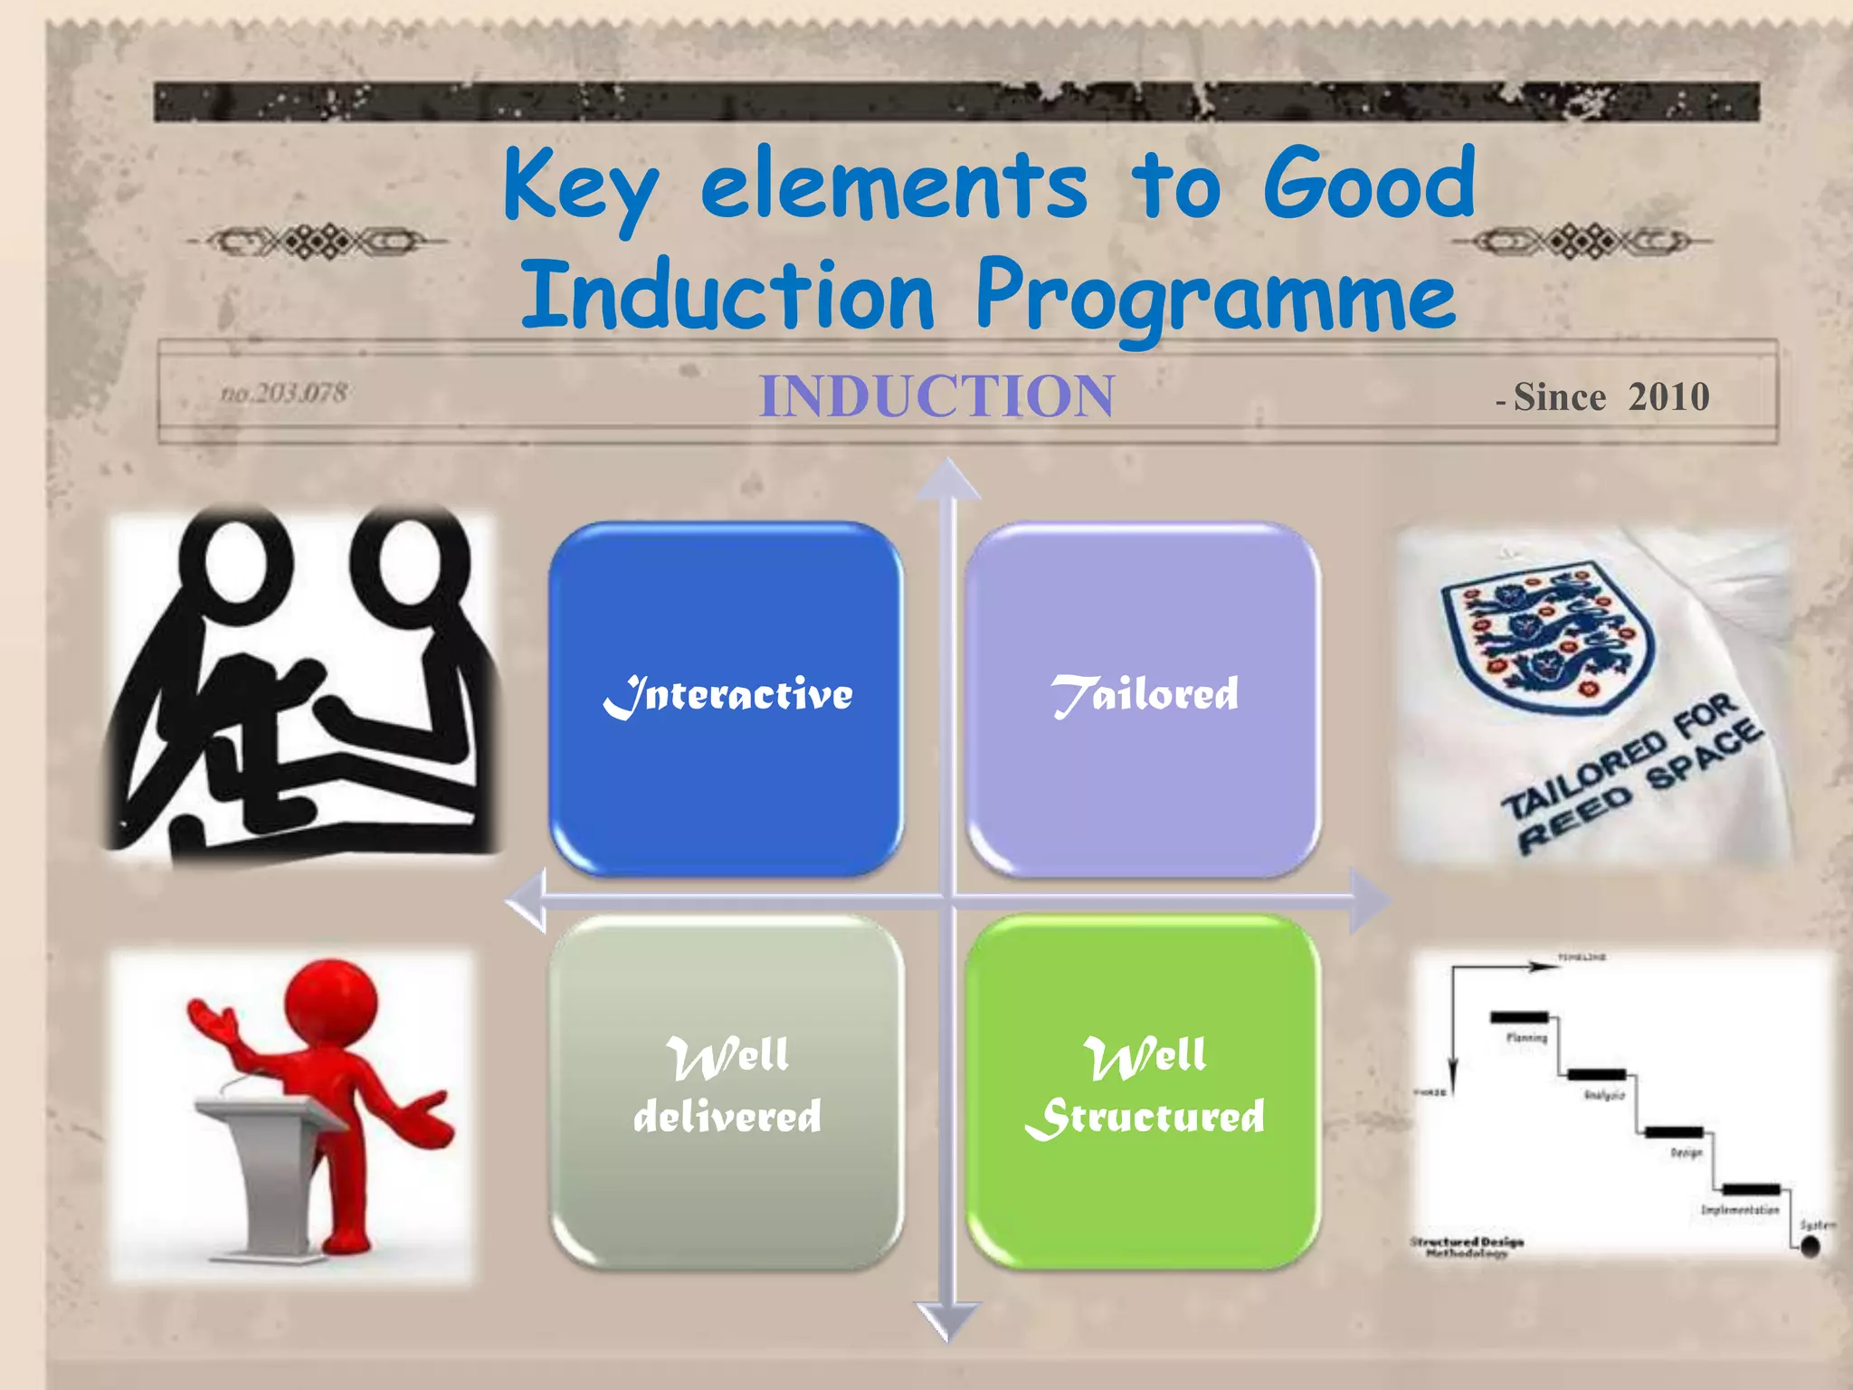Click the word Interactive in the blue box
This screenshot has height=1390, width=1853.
(x=727, y=695)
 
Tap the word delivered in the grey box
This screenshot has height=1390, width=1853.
(x=727, y=1117)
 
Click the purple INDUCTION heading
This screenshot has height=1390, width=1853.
(x=936, y=396)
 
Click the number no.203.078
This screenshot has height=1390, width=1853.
(x=284, y=394)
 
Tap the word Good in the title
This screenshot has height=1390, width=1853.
(x=1368, y=186)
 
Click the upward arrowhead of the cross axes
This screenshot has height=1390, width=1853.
(x=948, y=480)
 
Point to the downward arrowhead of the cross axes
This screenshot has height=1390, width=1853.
(x=948, y=1319)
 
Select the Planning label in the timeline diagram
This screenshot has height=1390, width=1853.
(x=1526, y=1038)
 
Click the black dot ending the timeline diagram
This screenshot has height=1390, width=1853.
(x=1810, y=1247)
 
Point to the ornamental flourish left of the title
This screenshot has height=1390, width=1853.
(x=317, y=242)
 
